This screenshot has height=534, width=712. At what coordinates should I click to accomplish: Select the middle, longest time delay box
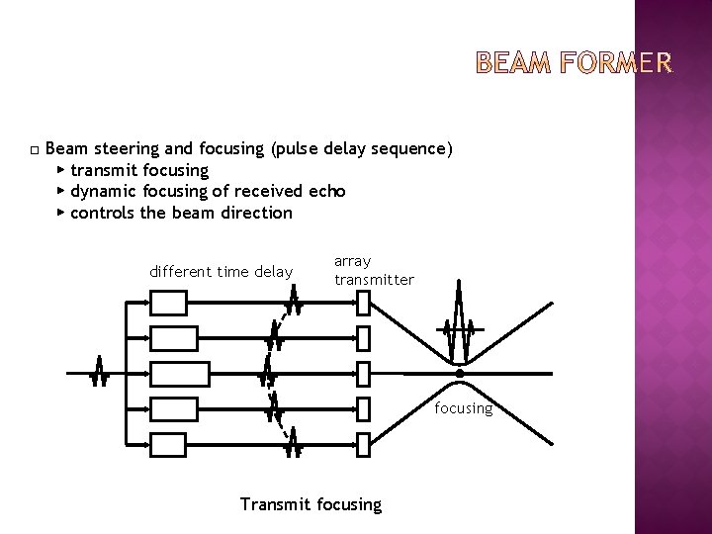[180, 374]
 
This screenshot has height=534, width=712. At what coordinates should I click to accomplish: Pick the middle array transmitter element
[362, 374]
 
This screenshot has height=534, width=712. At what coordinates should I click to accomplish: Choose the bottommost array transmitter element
[362, 445]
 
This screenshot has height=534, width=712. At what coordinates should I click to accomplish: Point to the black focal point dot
[460, 373]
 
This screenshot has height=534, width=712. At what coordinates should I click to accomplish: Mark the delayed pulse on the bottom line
[294, 446]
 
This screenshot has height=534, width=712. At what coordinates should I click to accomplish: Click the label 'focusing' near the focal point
[463, 408]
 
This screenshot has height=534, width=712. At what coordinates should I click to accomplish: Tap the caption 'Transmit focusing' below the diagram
[311, 504]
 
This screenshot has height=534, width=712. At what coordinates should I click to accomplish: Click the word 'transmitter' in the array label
[374, 280]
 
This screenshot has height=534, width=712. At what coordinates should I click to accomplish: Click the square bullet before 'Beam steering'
[34, 150]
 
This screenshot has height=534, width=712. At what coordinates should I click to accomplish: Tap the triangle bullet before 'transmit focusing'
[61, 170]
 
